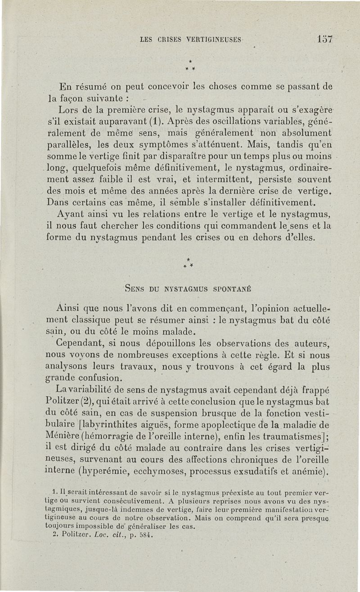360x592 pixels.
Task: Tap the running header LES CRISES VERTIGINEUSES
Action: click(x=191, y=39)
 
